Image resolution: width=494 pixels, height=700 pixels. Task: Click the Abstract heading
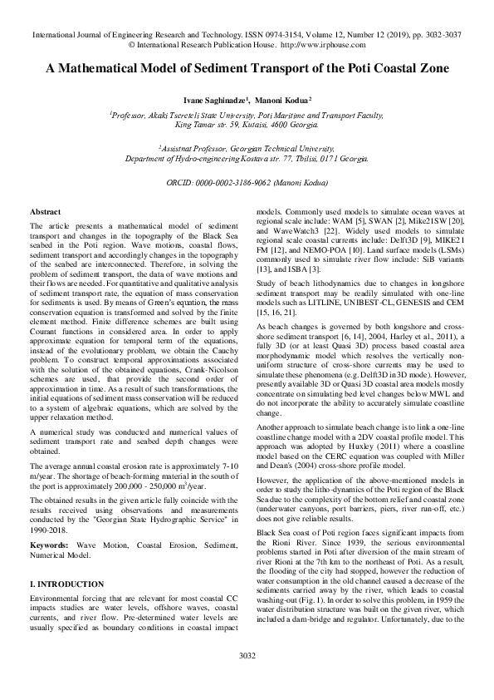coord(45,214)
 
